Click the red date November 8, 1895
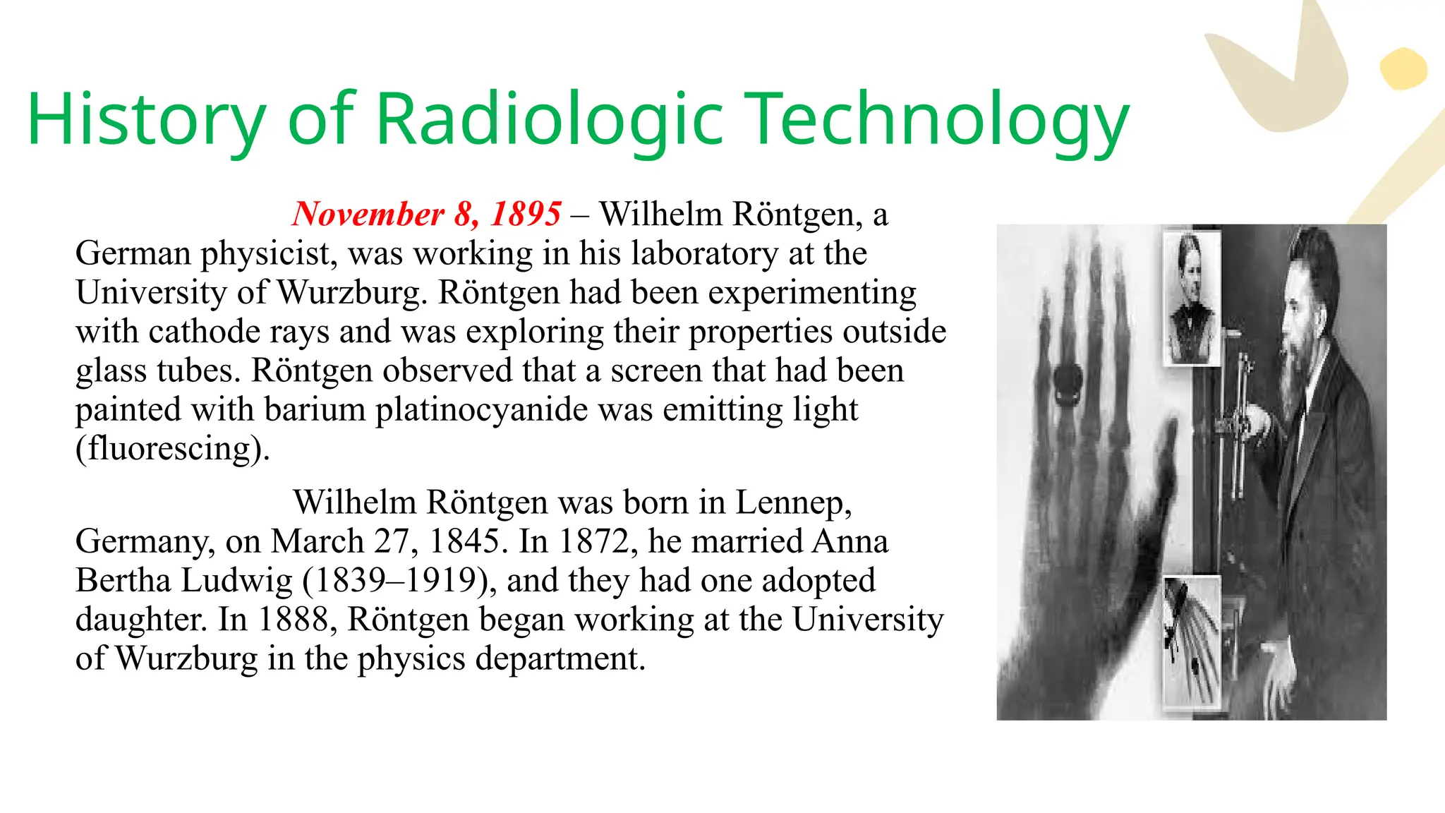pos(427,214)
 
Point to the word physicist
pos(269,253)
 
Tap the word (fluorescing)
pos(173,449)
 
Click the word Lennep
pos(793,502)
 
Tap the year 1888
pos(294,620)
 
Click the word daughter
pos(141,620)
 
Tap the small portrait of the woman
pos(1192,297)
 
